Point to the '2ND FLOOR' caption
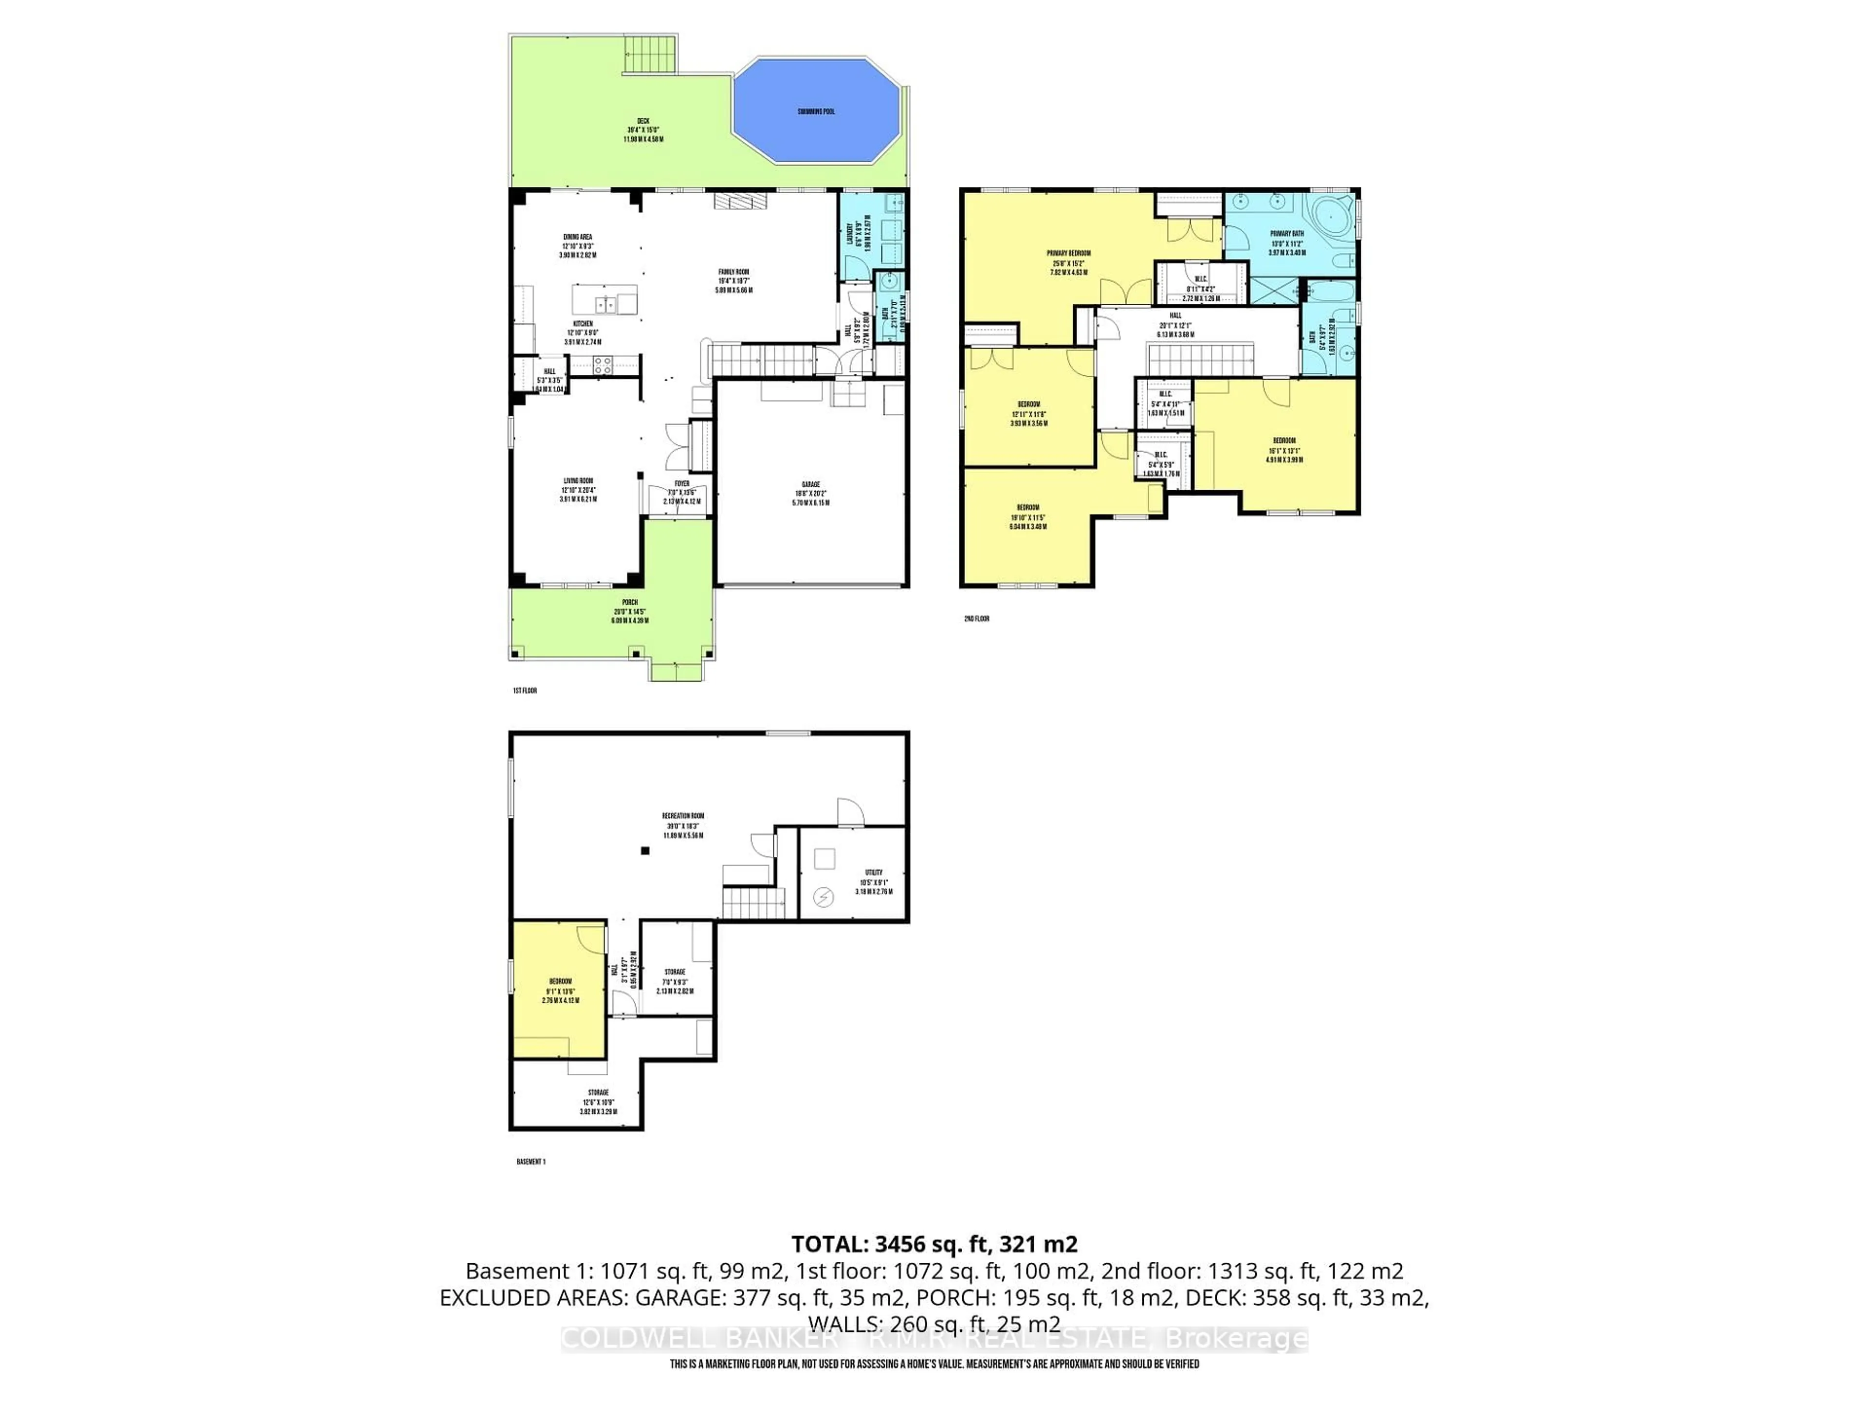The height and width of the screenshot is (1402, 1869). tap(976, 619)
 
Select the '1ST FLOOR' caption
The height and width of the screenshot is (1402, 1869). tap(525, 690)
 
